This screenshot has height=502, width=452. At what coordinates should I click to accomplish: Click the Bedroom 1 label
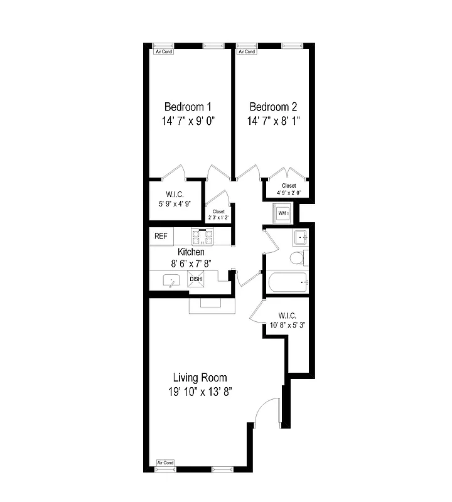click(x=187, y=107)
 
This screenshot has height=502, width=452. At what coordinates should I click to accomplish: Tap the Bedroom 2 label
click(x=272, y=107)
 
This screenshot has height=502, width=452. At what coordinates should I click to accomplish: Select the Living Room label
click(x=200, y=378)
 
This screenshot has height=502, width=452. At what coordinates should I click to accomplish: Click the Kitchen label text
click(x=191, y=252)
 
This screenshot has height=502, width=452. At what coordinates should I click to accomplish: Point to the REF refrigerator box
click(x=161, y=237)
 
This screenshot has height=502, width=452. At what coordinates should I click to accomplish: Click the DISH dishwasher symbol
click(x=196, y=279)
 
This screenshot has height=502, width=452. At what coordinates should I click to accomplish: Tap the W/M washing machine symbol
click(x=282, y=213)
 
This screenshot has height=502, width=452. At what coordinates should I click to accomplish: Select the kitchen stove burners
click(x=203, y=237)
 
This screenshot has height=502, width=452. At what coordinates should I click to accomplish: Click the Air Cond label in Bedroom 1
click(x=164, y=51)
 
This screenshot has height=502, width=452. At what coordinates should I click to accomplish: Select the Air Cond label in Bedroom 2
click(x=246, y=51)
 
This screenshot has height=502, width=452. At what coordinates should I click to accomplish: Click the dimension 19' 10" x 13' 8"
click(x=200, y=392)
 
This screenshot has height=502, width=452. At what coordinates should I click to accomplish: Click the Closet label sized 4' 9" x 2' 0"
click(x=288, y=186)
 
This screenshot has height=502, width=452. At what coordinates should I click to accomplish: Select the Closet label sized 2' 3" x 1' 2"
click(x=218, y=211)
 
